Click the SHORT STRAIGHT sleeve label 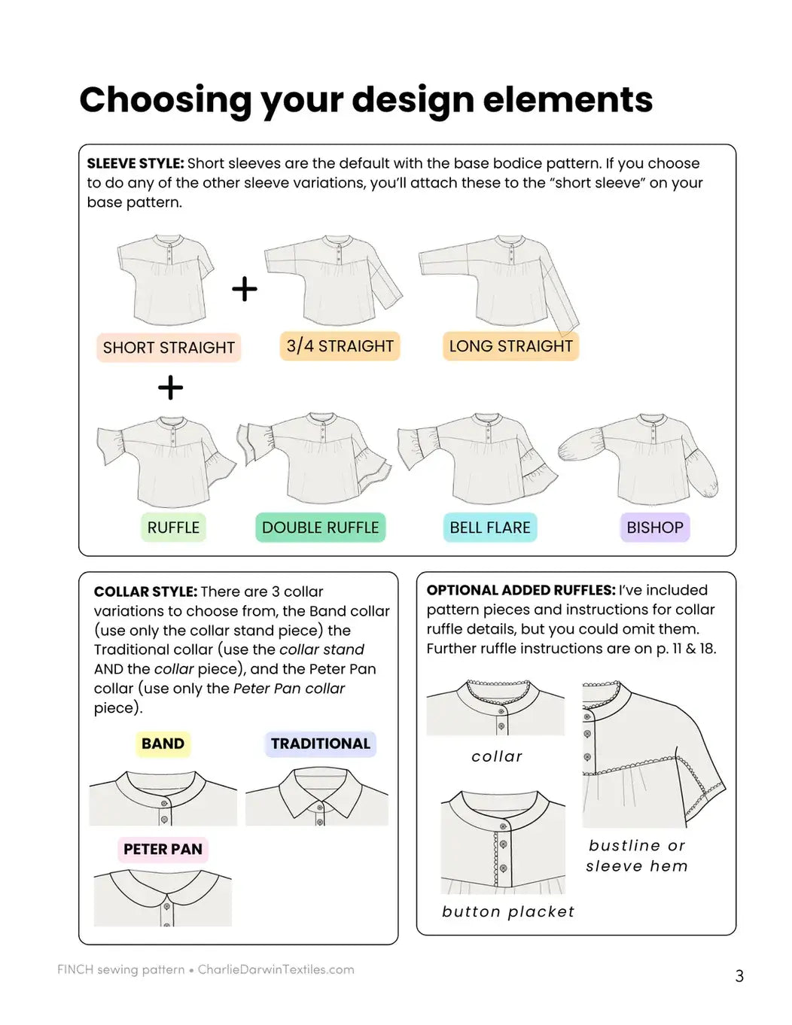tap(169, 347)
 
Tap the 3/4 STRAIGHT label tap(340, 345)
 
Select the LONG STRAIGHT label tap(510, 345)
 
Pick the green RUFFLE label tap(173, 527)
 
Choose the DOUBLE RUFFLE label tap(320, 527)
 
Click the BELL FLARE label tap(490, 527)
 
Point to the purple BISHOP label tap(655, 527)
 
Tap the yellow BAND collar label tap(163, 744)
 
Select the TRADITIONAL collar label tap(320, 744)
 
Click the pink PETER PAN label tap(163, 849)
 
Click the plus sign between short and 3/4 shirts tap(245, 289)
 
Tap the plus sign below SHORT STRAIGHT tap(170, 388)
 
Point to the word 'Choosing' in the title tap(166, 101)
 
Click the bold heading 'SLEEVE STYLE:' tap(136, 163)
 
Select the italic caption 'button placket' tap(508, 912)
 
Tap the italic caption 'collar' tap(497, 756)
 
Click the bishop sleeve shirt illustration tap(638, 458)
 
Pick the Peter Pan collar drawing tap(163, 898)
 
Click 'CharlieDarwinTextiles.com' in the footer tap(276, 969)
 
